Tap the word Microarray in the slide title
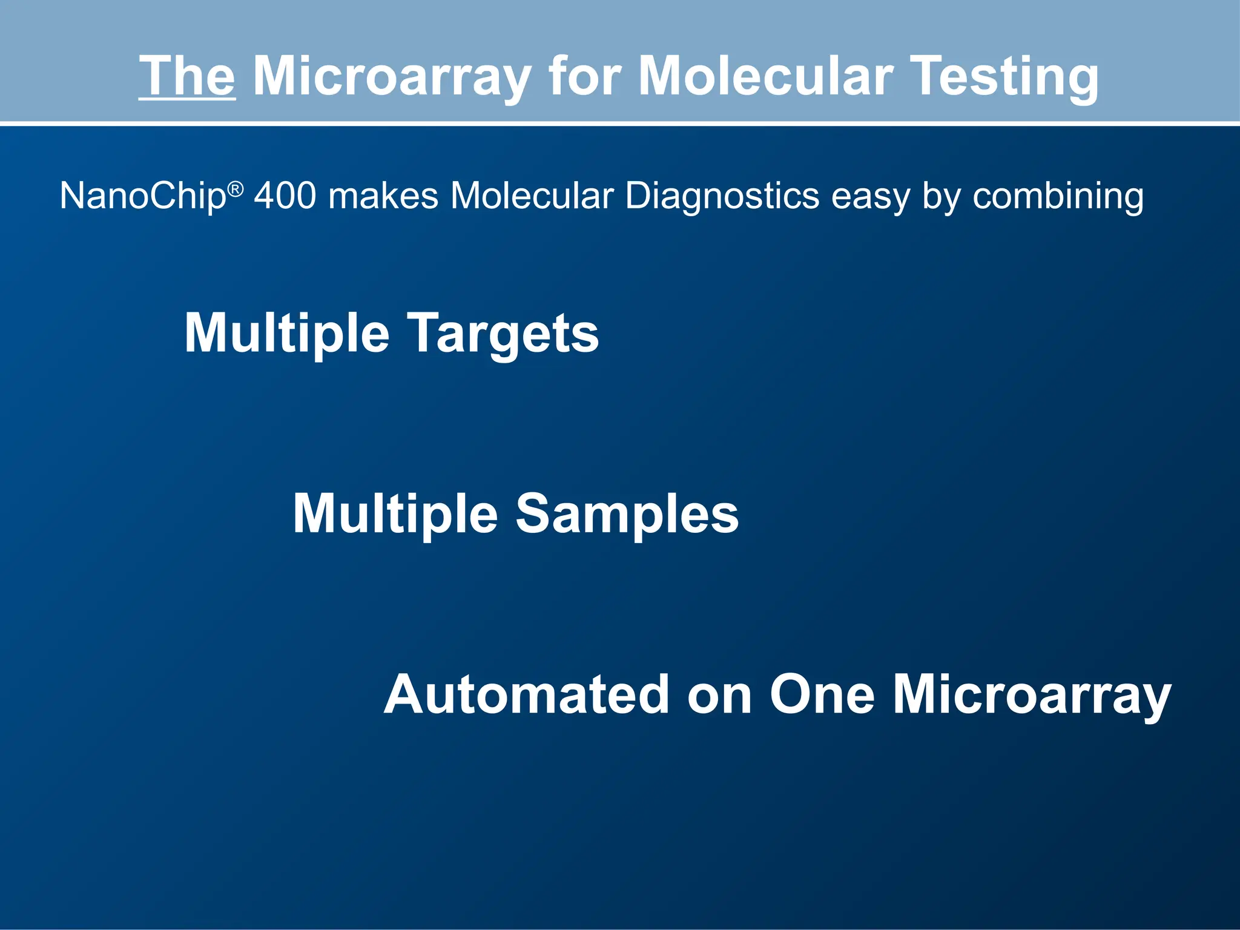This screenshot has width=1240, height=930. click(392, 77)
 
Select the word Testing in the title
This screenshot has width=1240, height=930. click(1004, 77)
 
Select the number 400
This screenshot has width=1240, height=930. click(285, 196)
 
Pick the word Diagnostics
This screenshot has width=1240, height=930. click(722, 197)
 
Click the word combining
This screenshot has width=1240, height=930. click(1058, 197)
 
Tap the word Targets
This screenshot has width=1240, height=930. click(503, 334)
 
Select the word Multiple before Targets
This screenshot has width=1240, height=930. click(286, 334)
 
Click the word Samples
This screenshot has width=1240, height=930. click(627, 514)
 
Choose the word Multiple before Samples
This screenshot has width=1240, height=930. click(395, 514)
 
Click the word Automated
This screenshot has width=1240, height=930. click(526, 694)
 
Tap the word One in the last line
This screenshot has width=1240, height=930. click(822, 694)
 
